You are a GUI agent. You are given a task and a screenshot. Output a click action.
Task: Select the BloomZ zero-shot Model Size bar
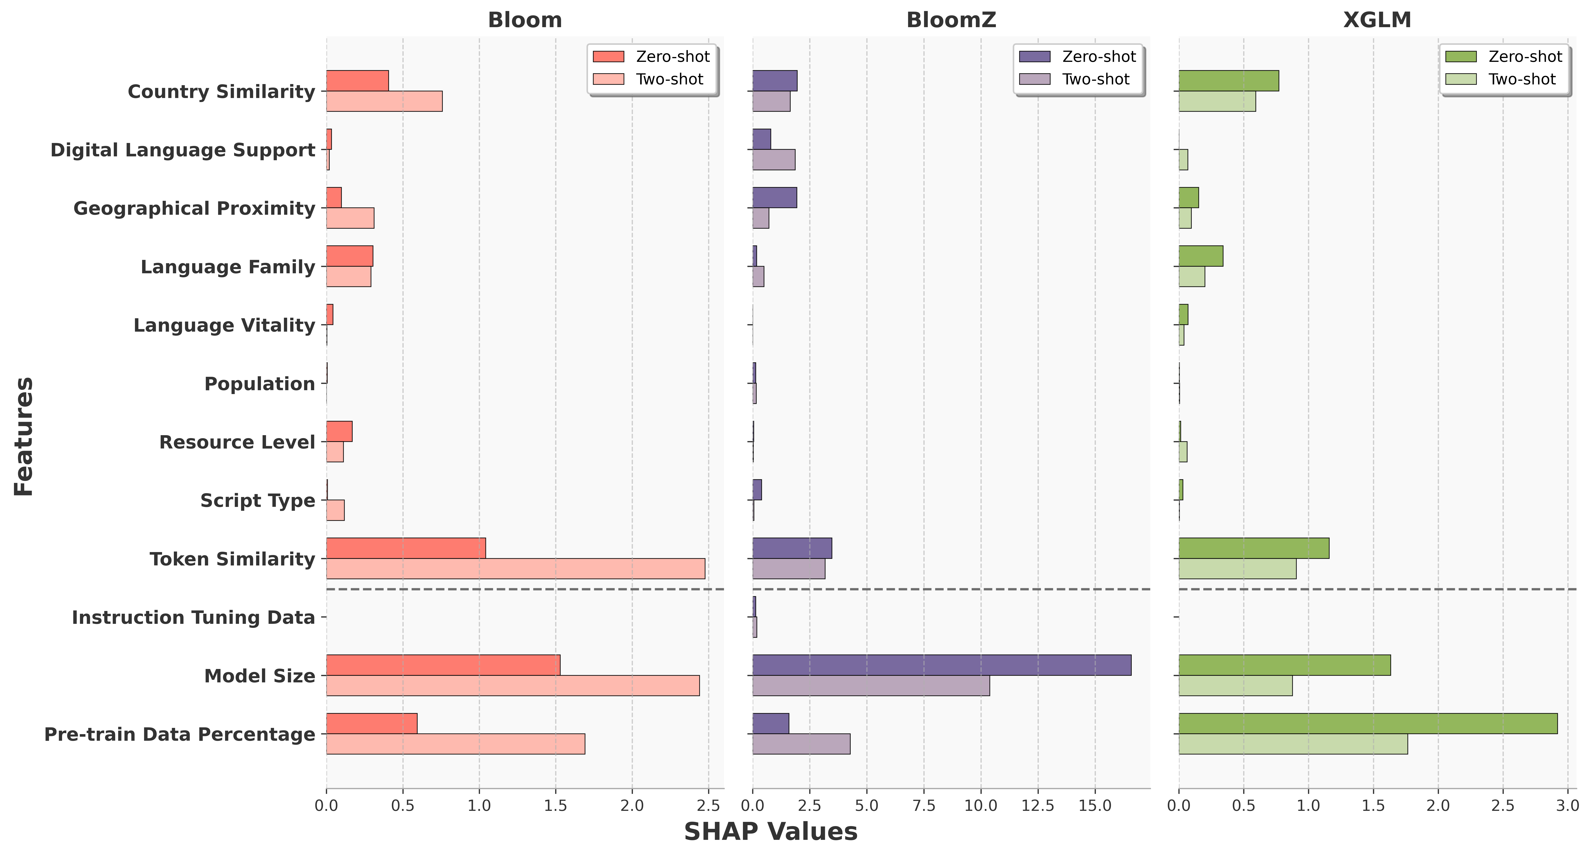click(x=941, y=665)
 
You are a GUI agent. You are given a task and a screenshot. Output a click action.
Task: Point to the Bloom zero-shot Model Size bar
click(x=443, y=665)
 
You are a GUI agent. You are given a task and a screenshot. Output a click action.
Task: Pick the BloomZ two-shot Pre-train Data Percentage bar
click(x=801, y=744)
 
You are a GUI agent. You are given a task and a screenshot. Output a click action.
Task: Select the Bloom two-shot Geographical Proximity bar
click(x=350, y=218)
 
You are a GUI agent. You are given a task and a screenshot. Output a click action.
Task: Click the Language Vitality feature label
click(x=224, y=325)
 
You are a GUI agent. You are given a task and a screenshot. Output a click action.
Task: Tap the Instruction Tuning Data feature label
click(x=193, y=618)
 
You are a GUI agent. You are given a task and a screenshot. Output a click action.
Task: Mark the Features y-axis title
click(x=23, y=436)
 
